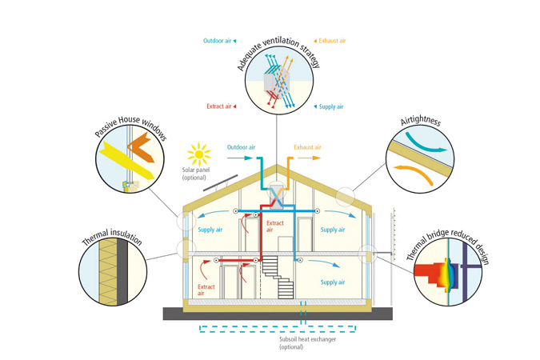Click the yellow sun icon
tap(198, 154)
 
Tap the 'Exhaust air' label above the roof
tap(307, 147)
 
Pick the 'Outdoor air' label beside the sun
tap(241, 147)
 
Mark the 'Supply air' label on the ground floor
tap(332, 282)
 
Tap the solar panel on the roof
tap(218, 182)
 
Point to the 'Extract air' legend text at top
tap(218, 106)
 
